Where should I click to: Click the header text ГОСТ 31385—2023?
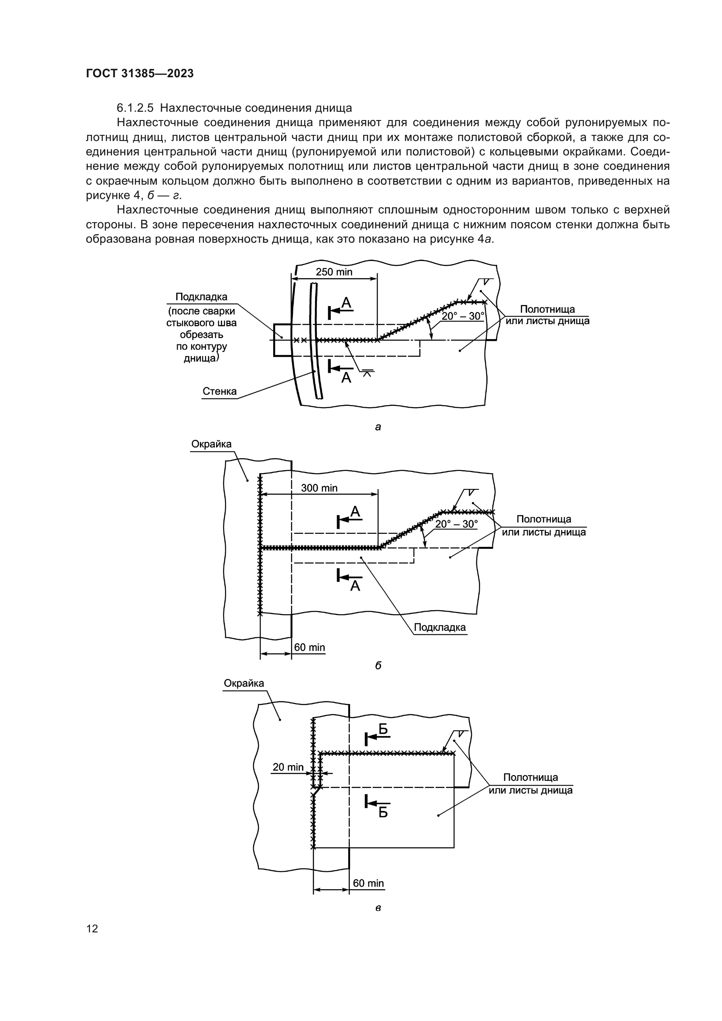pyautogui.click(x=140, y=73)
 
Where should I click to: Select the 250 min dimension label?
pyautogui.click(x=334, y=272)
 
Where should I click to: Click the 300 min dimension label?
pyautogui.click(x=319, y=488)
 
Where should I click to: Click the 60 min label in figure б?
pyautogui.click(x=309, y=647)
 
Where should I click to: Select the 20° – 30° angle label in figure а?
pyautogui.click(x=462, y=316)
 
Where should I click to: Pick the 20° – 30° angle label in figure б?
pyautogui.click(x=456, y=524)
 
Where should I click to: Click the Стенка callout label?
pyautogui.click(x=220, y=391)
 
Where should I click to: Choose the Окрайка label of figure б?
pyautogui.click(x=211, y=444)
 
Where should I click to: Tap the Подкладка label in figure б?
pyautogui.click(x=440, y=627)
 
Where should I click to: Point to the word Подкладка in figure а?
pyautogui.click(x=201, y=296)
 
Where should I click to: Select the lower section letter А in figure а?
pyautogui.click(x=346, y=378)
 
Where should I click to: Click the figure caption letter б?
pyautogui.click(x=378, y=665)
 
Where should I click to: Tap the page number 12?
pyautogui.click(x=92, y=928)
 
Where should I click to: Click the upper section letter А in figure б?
pyautogui.click(x=355, y=512)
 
